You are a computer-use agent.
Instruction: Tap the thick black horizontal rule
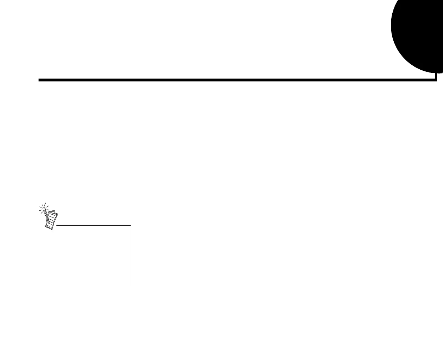(x=236, y=80)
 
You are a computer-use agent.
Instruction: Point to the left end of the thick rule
(x=39, y=80)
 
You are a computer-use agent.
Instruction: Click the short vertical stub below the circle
(x=436, y=76)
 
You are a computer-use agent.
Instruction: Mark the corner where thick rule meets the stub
(x=436, y=80)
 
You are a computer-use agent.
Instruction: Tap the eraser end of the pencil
(x=44, y=208)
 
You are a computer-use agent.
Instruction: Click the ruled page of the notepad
(x=52, y=220)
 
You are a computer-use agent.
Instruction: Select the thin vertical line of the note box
(x=130, y=255)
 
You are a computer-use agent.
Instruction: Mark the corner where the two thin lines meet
(x=130, y=225)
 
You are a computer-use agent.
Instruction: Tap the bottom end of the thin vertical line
(x=130, y=285)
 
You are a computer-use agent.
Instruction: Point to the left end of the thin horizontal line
(x=57, y=225)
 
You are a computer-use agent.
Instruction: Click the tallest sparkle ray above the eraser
(x=45, y=204)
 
